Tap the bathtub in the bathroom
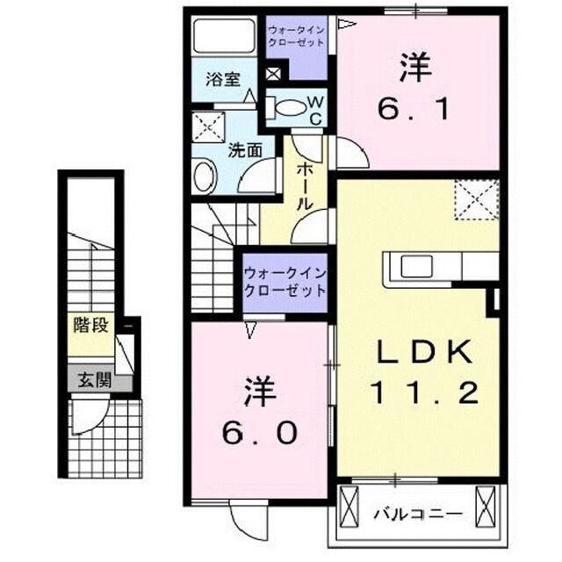pos(224,38)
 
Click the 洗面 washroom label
pos(245,149)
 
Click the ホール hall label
pos(305,184)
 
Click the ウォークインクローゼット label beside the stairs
pos(284,281)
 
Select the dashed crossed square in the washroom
pos(212,127)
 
